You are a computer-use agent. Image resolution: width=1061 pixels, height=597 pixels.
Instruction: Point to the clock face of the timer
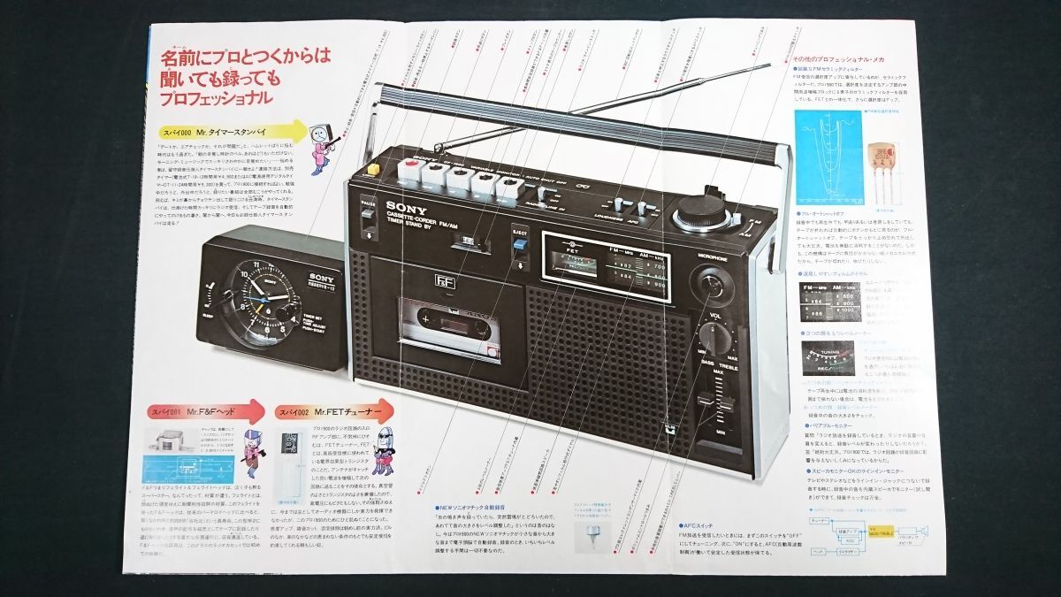pyautogui.click(x=256, y=300)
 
